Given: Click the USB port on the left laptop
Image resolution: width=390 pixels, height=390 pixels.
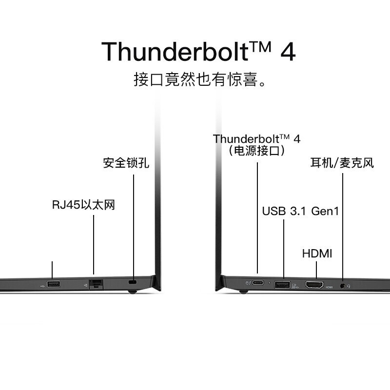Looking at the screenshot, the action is (54, 284).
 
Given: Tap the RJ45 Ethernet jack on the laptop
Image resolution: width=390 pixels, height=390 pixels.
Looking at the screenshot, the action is (96, 284).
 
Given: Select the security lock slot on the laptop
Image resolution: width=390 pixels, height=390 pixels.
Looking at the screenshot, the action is (133, 282).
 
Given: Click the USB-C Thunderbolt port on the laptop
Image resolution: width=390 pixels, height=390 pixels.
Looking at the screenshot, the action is (258, 283).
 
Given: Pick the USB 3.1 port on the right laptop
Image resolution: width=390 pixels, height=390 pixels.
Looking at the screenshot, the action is (282, 284).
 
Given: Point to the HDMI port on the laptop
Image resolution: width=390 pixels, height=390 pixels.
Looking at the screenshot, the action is (314, 284).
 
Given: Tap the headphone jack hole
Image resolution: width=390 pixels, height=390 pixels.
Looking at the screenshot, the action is (343, 286).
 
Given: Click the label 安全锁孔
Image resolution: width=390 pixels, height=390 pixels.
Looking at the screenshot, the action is (126, 163).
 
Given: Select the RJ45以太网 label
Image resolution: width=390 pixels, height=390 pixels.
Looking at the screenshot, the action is (83, 205).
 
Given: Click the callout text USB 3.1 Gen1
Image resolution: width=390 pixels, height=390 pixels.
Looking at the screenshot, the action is (300, 211).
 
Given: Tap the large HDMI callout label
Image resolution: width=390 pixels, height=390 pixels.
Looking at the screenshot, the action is (317, 253).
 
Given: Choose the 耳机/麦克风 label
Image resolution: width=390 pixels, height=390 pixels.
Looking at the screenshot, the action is (342, 163).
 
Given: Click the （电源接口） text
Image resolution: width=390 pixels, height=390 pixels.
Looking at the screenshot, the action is (257, 151).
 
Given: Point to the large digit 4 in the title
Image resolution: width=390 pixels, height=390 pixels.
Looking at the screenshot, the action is (288, 52).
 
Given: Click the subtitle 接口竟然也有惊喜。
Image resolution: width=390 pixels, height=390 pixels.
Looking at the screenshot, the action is (200, 79).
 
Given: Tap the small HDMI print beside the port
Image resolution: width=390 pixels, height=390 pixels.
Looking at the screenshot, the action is (329, 287).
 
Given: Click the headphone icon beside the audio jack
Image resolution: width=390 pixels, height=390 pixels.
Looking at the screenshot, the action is (349, 286).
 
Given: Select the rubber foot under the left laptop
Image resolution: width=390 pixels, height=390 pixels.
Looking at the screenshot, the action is (132, 292).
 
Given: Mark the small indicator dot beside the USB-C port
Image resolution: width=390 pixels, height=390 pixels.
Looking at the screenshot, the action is (270, 283).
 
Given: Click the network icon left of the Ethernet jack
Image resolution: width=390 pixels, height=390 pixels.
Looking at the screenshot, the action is (86, 285).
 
